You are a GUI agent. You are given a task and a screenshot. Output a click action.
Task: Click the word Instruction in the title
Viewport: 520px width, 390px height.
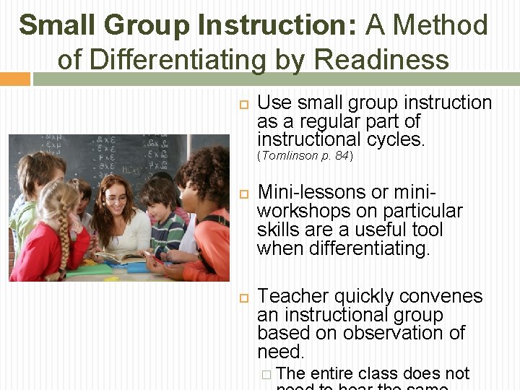[277, 25]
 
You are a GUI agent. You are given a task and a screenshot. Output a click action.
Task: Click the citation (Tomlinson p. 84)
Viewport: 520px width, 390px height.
[305, 156]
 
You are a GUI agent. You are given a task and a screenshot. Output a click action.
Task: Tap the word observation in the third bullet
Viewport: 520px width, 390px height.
[404, 333]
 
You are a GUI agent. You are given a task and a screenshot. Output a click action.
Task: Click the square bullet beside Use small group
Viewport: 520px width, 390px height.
[243, 104]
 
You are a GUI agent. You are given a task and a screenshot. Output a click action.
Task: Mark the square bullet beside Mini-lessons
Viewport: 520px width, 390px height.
[243, 194]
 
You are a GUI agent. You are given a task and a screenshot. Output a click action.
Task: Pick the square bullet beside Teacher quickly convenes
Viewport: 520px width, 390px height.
[243, 298]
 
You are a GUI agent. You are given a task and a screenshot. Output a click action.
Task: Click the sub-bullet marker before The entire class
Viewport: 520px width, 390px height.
[266, 374]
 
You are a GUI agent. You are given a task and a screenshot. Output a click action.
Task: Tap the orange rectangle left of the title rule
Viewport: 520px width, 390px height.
[14, 79]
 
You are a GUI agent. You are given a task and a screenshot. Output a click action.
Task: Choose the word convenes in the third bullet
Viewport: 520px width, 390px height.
[447, 296]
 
